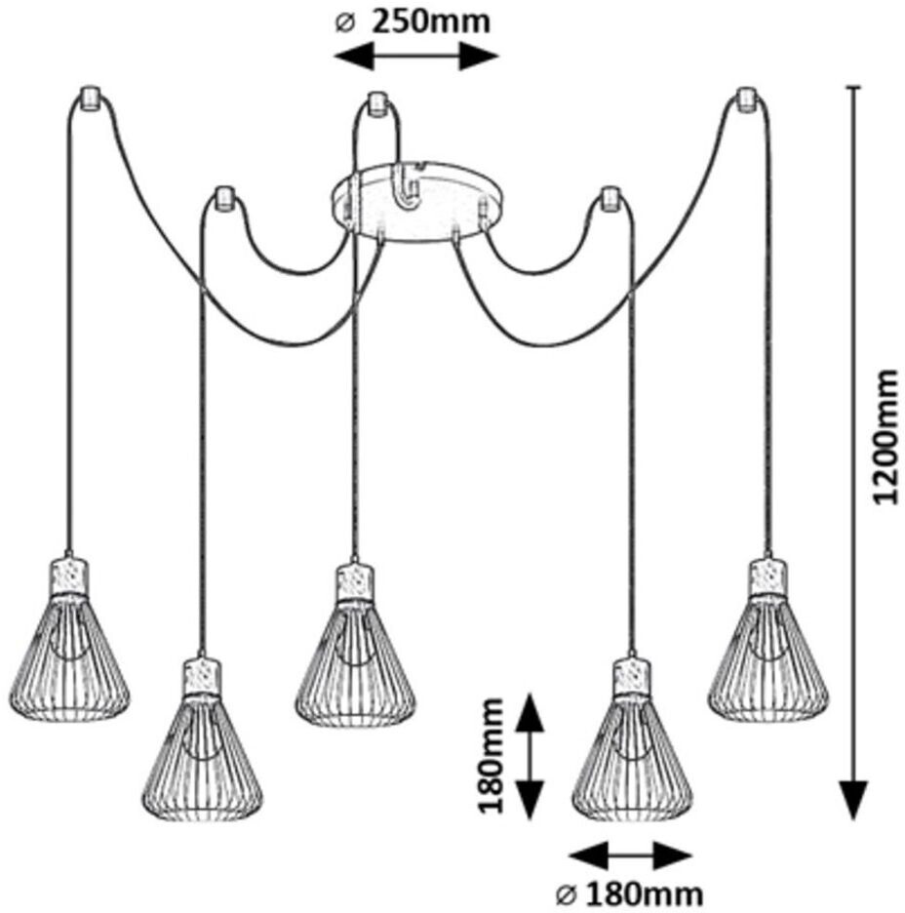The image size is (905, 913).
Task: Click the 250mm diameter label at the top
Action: [x=414, y=21]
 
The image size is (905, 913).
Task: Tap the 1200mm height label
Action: [x=885, y=436]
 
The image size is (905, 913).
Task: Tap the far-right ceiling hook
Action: [x=748, y=99]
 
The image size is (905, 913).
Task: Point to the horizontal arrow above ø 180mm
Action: [x=629, y=856]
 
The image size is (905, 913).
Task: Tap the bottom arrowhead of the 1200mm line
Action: [x=854, y=800]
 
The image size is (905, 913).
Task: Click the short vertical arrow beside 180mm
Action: [x=530, y=757]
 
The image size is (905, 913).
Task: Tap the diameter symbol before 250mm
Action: [x=342, y=22]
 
